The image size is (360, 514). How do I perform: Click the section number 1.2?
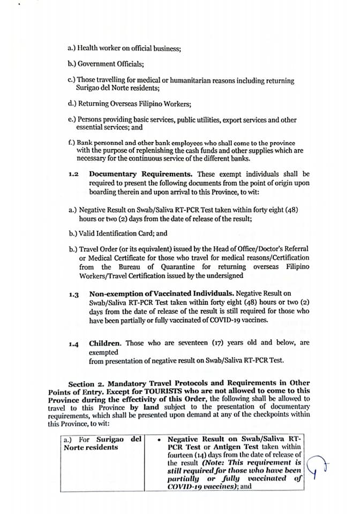pos(74,175)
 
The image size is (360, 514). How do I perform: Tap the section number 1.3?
pos(74,294)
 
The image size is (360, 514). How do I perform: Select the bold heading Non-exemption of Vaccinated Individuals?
pos(161,293)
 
